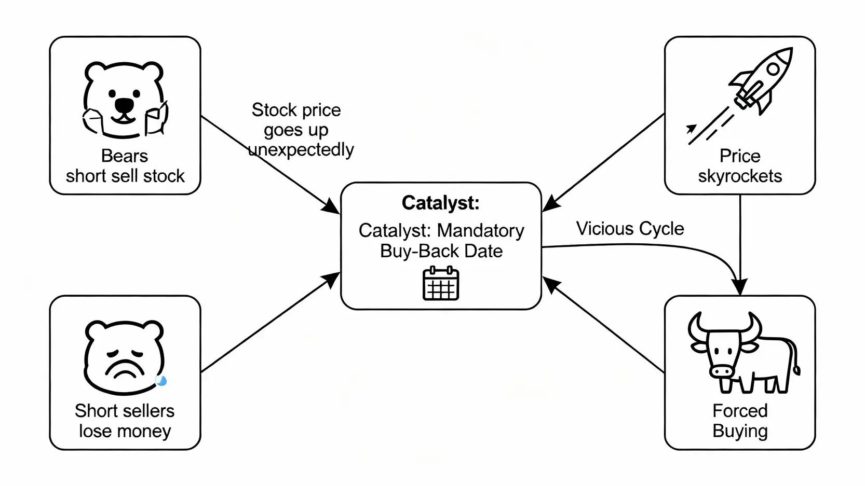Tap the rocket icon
point(761,81)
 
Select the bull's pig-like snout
point(722,370)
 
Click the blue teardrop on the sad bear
point(161,381)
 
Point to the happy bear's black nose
point(124,105)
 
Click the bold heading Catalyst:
point(440,203)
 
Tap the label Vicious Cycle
point(630,229)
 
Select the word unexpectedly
point(301,150)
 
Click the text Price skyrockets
point(740,166)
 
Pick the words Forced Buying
point(740,421)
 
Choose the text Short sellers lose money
point(125,421)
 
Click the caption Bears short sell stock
point(125,166)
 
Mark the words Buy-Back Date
point(441,251)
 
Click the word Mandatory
point(481,230)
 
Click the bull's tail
point(795,358)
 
